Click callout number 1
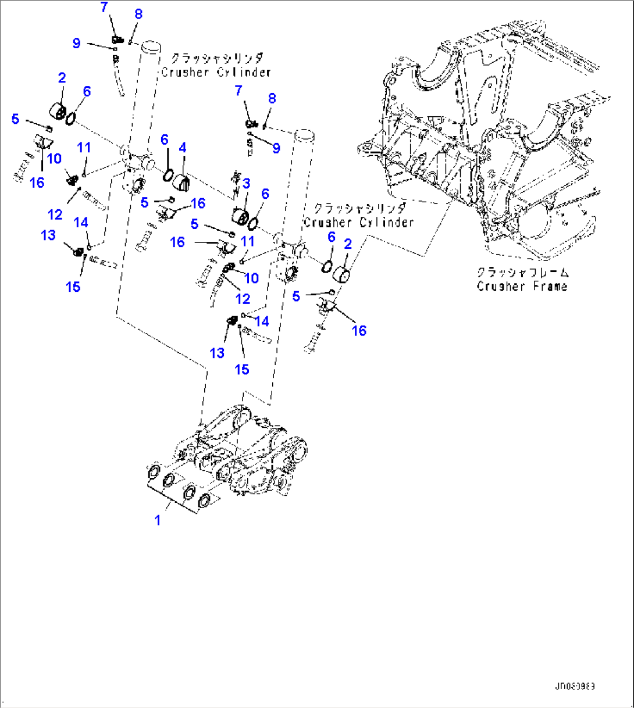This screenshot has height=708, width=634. (157, 520)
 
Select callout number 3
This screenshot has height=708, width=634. (246, 184)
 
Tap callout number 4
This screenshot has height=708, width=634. (183, 148)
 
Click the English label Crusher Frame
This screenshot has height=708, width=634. (522, 286)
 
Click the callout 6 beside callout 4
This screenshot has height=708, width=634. (165, 140)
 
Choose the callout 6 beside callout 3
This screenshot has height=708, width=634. (265, 194)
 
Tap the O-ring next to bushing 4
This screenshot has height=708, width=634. (167, 174)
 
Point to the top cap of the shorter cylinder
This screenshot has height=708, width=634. (304, 134)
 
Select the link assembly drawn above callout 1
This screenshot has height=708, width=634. (244, 453)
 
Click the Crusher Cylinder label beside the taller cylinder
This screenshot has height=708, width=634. (216, 72)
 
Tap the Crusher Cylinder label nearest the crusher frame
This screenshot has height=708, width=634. (358, 222)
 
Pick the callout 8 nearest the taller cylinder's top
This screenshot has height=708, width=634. (138, 14)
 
